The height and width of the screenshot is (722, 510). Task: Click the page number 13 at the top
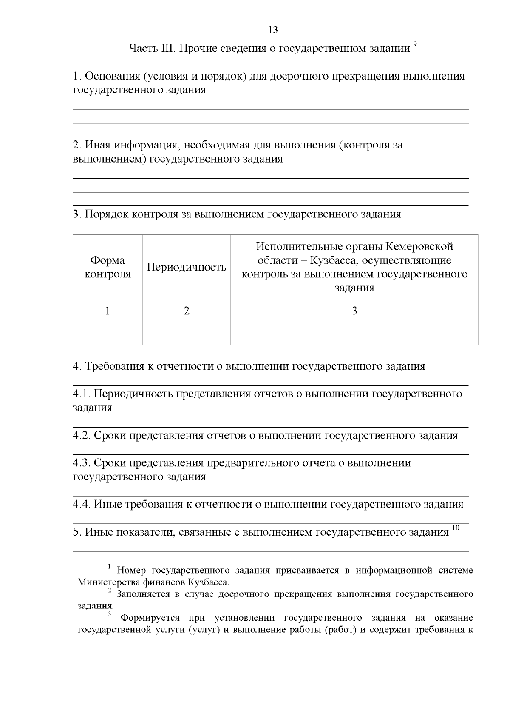(273, 30)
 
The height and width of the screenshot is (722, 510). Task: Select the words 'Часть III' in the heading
(152, 49)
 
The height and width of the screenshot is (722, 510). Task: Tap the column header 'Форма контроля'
(108, 267)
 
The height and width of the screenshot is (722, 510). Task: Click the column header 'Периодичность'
(186, 267)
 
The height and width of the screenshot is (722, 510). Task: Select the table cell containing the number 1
(108, 311)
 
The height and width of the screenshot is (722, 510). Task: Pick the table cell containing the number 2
(186, 311)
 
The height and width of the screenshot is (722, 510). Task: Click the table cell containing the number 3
(354, 311)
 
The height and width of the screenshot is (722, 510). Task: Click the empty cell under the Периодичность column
(186, 333)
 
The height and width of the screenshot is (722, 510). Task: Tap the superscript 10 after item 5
(456, 528)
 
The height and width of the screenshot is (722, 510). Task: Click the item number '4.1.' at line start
(82, 394)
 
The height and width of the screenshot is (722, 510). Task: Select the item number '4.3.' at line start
(82, 463)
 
